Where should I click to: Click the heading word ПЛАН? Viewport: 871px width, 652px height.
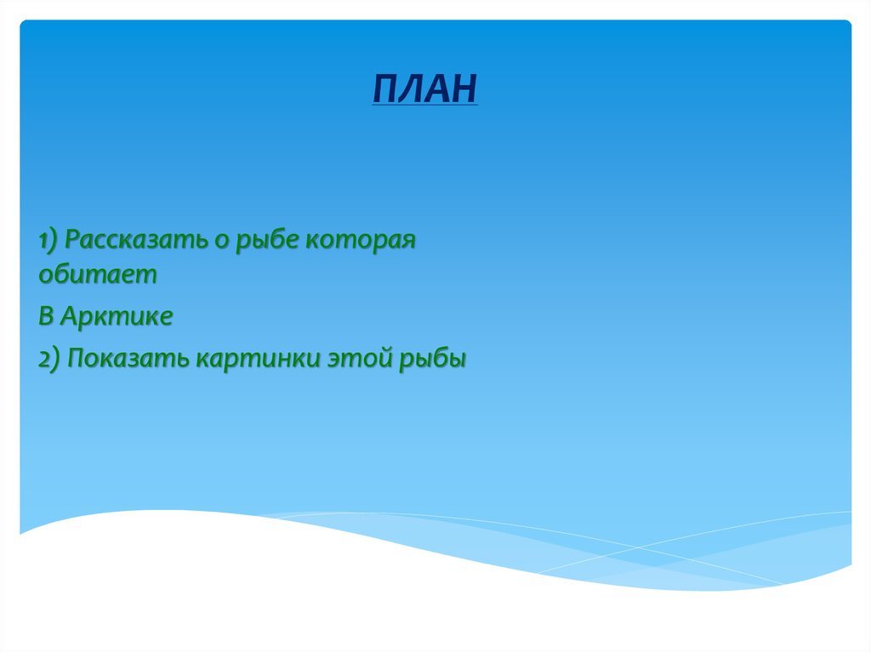425,88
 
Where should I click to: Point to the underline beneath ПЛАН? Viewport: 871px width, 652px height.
425,105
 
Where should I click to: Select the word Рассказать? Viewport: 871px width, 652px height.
135,240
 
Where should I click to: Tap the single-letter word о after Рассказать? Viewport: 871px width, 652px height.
219,241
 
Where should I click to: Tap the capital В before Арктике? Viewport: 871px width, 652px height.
45,316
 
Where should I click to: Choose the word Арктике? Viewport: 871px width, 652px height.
117,316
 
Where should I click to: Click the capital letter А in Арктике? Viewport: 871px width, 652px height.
71,316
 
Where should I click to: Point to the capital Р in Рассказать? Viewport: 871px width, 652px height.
71,240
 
